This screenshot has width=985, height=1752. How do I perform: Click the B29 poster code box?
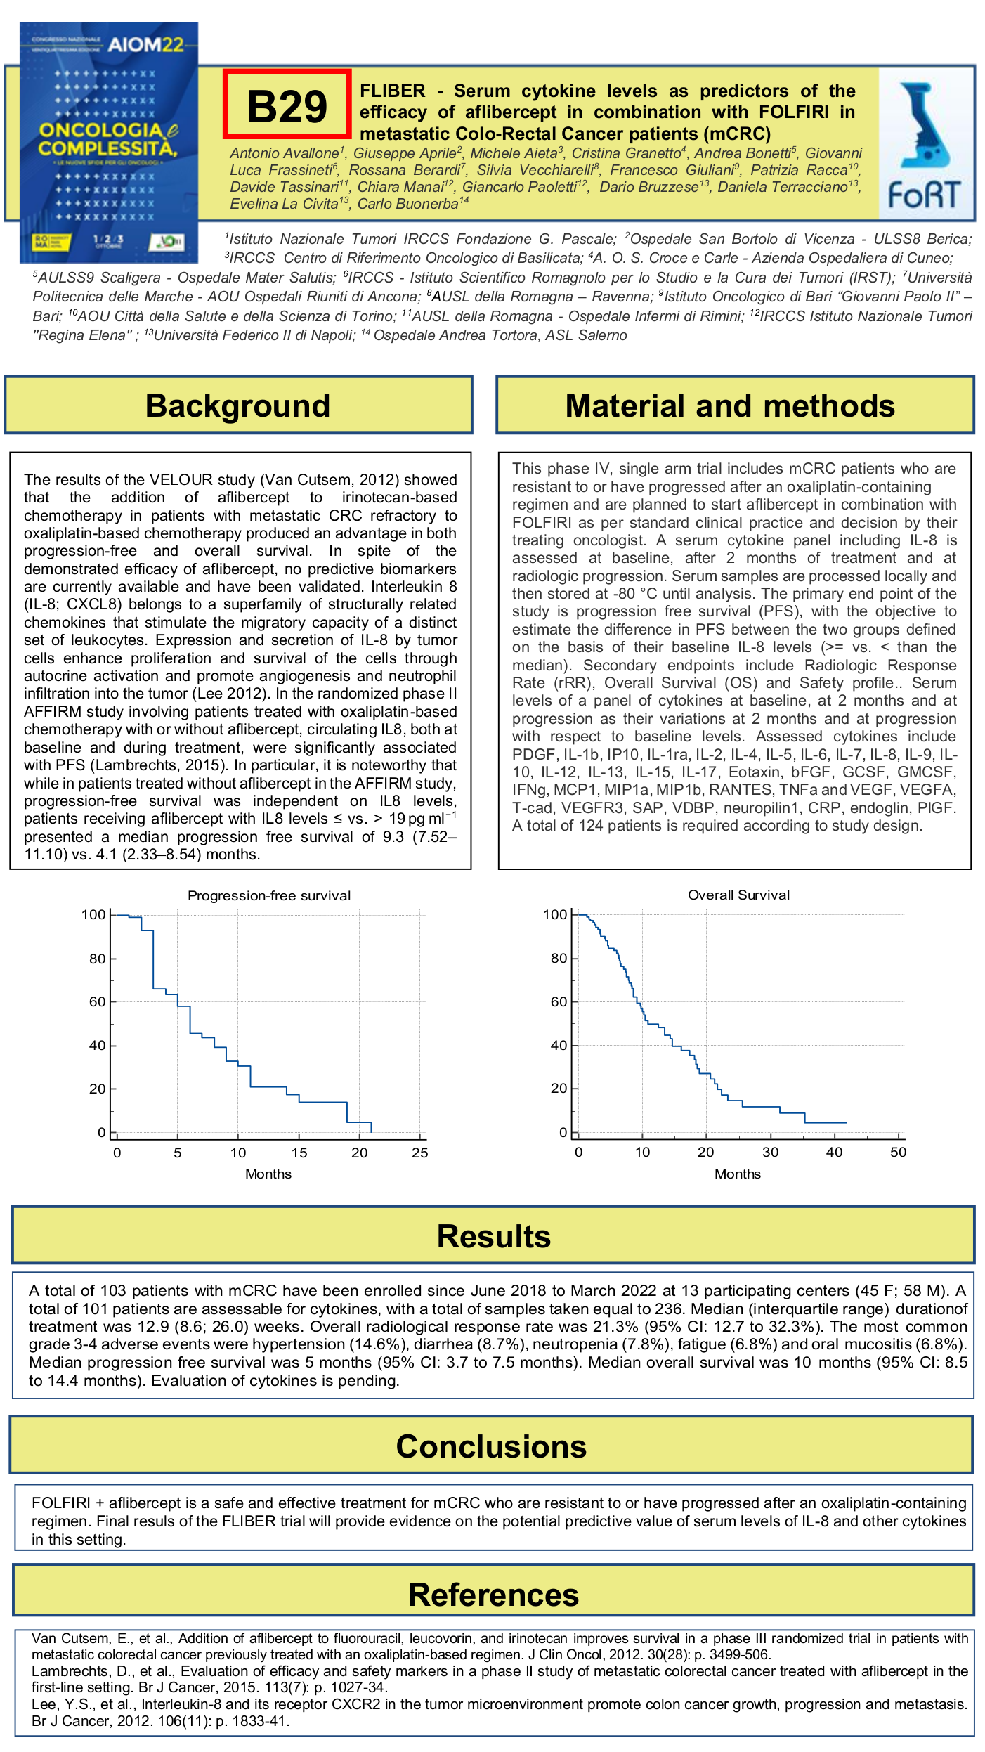point(287,105)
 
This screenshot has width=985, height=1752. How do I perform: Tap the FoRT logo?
point(925,145)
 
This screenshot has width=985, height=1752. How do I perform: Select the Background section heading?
point(238,405)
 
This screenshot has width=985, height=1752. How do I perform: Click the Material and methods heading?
point(730,405)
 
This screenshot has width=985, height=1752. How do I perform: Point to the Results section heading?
point(493,1236)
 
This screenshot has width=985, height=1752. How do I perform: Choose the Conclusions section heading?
point(491,1446)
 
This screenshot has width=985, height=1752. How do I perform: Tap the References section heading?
point(493,1595)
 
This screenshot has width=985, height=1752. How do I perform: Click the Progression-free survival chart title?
point(269,895)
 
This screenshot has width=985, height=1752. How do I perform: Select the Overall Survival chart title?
point(738,895)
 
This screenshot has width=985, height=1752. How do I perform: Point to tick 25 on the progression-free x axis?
point(419,1153)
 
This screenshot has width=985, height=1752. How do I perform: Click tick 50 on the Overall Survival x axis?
point(898,1152)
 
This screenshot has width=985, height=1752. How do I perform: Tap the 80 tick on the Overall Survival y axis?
point(559,958)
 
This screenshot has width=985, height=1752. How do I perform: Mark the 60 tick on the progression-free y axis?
point(97,1001)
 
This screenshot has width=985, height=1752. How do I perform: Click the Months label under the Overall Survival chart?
point(737,1174)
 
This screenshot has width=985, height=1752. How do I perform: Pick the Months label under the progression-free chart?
point(268,1174)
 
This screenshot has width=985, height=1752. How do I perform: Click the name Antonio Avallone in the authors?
point(284,153)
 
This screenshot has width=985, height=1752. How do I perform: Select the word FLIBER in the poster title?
point(392,91)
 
